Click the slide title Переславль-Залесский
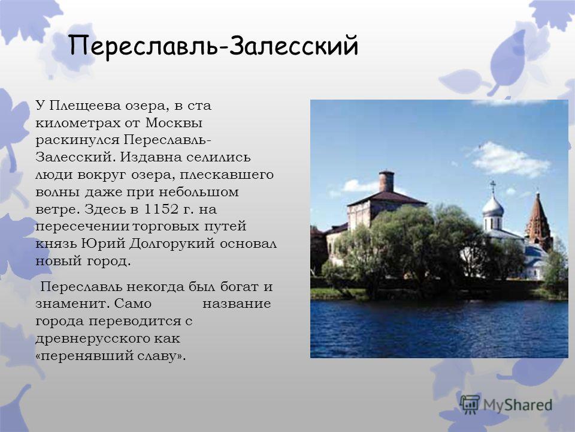click(x=213, y=47)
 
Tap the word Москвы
click(x=174, y=122)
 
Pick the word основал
click(x=248, y=244)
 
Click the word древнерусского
click(x=92, y=338)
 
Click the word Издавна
click(x=151, y=157)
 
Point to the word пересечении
click(x=83, y=226)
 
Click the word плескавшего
click(x=226, y=175)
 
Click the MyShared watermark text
click(x=517, y=405)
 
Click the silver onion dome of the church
click(x=493, y=206)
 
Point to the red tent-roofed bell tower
click(x=538, y=220)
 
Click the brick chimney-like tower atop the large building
click(x=386, y=181)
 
